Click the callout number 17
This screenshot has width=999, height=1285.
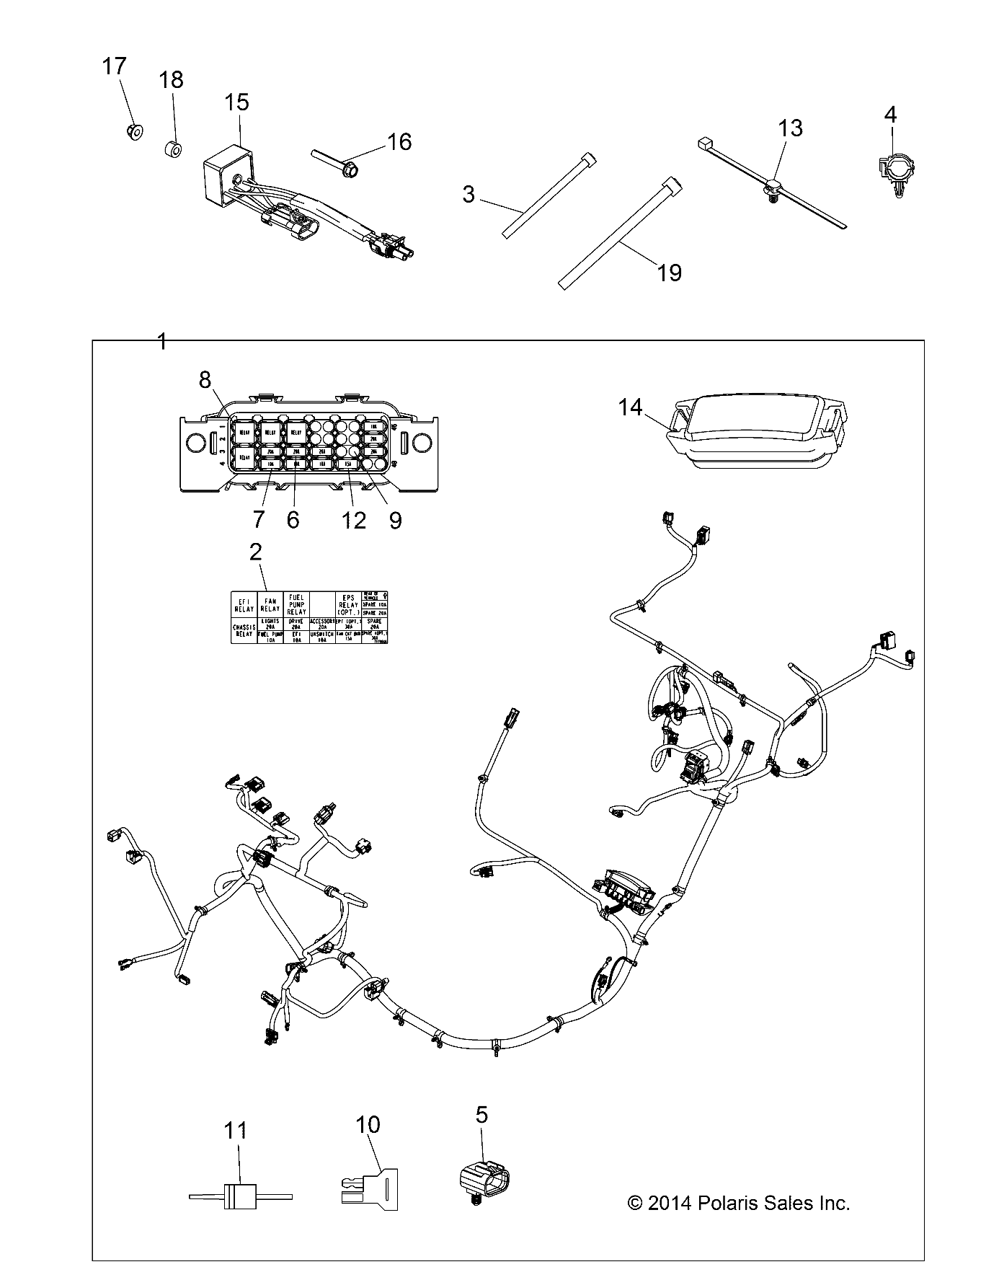tap(115, 66)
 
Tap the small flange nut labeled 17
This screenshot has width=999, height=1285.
tap(133, 131)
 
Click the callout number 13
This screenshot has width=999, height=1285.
tap(790, 128)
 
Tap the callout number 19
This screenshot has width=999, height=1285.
tap(670, 273)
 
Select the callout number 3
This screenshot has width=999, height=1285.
tap(469, 194)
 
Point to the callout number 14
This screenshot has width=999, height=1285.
tap(630, 407)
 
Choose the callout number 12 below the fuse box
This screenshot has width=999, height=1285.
tap(354, 520)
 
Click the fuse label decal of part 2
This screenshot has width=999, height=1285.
tap(309, 617)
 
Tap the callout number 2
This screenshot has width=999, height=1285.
tap(255, 552)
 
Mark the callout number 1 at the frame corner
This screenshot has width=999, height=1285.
tap(162, 341)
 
